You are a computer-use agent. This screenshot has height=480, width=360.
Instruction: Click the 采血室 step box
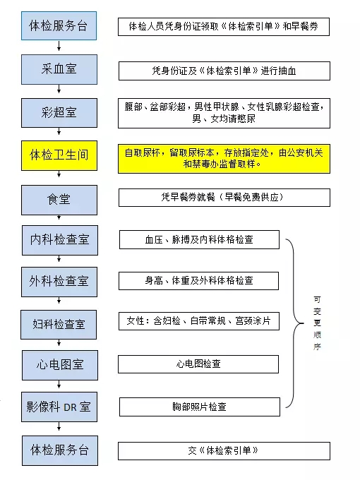[x=59, y=69]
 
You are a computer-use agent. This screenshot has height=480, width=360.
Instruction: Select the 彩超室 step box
[x=59, y=113]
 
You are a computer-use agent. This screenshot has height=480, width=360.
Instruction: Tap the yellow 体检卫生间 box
[x=59, y=155]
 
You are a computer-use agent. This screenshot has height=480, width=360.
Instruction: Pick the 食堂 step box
[x=59, y=200]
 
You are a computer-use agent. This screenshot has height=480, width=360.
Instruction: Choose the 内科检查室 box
[x=60, y=240]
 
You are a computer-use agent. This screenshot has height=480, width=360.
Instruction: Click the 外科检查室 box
[x=59, y=282]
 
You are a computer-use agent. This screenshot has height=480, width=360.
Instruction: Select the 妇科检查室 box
[x=59, y=325]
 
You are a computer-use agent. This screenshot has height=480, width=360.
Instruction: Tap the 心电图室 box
[x=60, y=365]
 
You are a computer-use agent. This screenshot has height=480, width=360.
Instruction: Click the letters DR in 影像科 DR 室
[x=70, y=407]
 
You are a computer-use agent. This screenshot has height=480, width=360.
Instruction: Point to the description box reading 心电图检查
[x=198, y=364]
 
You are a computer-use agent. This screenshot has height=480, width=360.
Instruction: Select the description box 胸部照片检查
[x=200, y=407]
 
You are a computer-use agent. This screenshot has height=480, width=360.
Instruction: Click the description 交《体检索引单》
[x=224, y=451]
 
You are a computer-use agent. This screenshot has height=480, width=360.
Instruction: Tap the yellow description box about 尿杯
[x=224, y=159]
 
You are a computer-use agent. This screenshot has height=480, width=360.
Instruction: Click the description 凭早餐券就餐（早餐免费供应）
[x=224, y=198]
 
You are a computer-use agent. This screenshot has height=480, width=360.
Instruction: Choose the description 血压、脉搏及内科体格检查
[x=199, y=240]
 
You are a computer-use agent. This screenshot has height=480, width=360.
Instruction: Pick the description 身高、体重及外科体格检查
[x=198, y=281]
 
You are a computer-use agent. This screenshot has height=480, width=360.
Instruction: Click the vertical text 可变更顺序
[x=317, y=323]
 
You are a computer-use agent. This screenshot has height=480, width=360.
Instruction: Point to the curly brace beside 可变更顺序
[x=294, y=323]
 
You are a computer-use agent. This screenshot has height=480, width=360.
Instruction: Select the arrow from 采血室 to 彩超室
[x=59, y=89]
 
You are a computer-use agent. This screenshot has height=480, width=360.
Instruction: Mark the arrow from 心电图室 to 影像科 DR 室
[x=59, y=385]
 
